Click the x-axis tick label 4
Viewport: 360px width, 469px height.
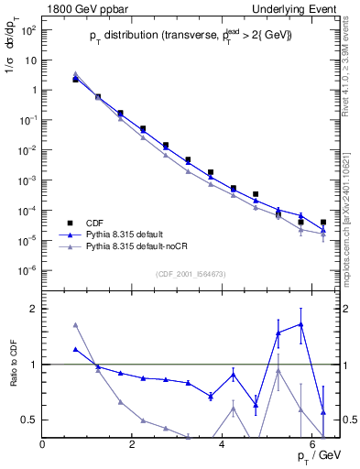pos(223,445)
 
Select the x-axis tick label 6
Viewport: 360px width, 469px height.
pos(312,445)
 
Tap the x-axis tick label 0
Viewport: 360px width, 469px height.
pos(42,445)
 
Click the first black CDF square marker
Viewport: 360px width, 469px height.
pos(75,80)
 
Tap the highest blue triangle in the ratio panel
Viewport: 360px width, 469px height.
pos(300,323)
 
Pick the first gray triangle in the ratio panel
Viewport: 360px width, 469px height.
pos(75,324)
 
